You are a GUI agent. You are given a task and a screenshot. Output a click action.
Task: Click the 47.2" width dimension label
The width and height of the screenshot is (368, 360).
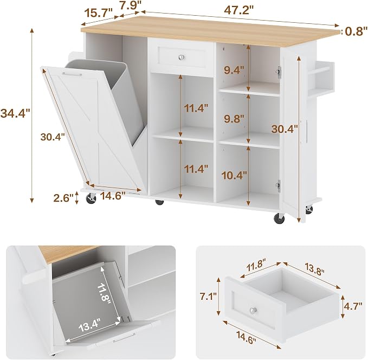pos(239,10)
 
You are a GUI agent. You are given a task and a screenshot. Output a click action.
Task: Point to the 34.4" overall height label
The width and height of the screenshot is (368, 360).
pos(15,114)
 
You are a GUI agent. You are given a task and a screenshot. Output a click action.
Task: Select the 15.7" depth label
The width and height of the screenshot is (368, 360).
pos(99,12)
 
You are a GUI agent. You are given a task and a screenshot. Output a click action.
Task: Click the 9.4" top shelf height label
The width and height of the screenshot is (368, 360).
pos(234,70)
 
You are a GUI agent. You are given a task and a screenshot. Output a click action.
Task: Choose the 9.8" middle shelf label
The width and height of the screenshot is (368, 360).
pos(234,119)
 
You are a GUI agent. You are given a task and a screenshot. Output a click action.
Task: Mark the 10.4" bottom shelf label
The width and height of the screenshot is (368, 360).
pos(235,175)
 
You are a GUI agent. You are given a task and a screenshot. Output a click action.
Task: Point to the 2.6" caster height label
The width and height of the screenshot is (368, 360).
pos(63,198)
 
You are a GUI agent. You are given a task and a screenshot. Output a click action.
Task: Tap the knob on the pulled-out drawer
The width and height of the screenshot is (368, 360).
pos(254,311)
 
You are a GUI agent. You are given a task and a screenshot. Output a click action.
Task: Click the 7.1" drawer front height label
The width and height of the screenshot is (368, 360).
pos(207,297)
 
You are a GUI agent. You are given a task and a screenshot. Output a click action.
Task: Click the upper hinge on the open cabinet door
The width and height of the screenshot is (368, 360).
pos(279,72)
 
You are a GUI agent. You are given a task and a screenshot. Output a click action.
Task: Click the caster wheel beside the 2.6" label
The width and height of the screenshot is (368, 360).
pos(91,198)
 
